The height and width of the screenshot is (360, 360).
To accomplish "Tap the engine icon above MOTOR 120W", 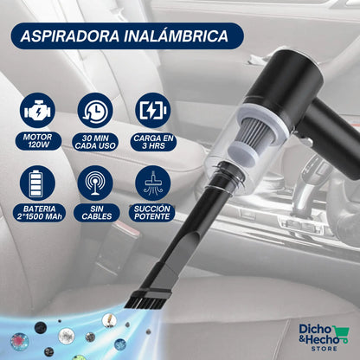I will (38, 112).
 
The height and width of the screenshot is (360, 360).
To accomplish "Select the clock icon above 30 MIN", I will (94, 112).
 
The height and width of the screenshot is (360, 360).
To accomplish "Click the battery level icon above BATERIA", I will (38, 183).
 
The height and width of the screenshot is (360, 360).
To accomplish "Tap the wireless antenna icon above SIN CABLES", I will (94, 183).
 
